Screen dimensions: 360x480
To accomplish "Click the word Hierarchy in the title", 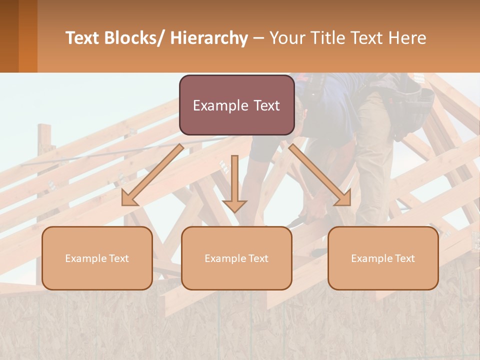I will coord(209,38).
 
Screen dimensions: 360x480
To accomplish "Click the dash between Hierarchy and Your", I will coord(258,38).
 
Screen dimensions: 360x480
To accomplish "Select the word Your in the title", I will coord(285,38).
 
